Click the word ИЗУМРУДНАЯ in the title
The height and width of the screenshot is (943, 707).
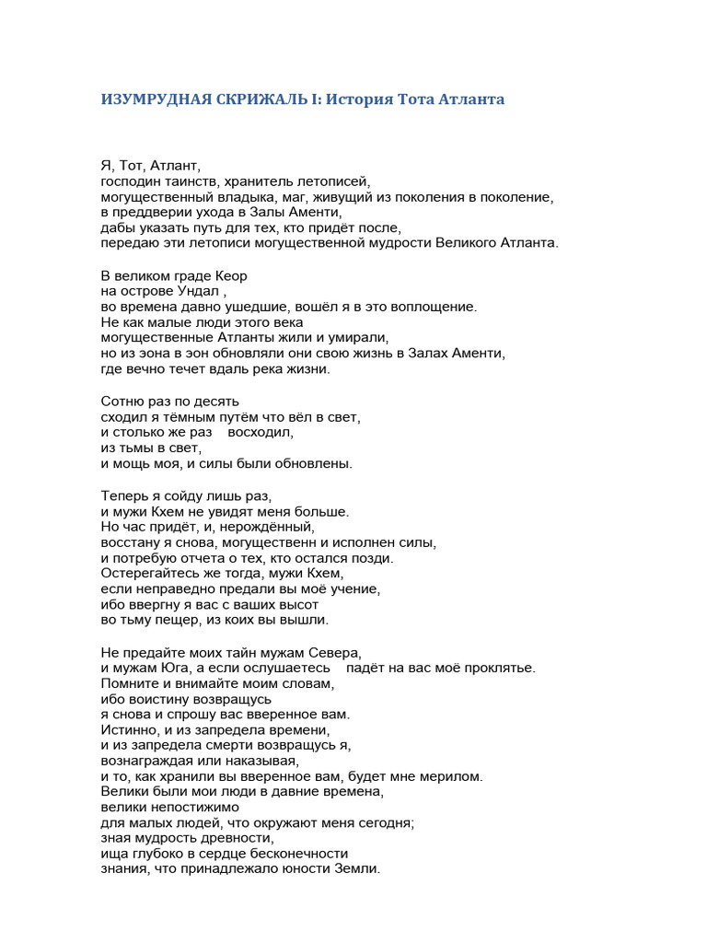152,99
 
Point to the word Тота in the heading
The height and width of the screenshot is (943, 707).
416,99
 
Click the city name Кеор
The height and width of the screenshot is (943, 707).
230,276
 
